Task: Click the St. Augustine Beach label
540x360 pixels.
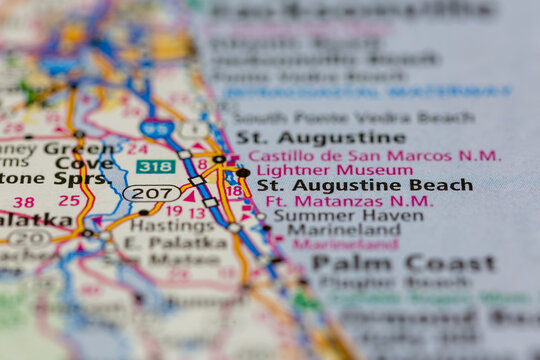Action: [x=364, y=185]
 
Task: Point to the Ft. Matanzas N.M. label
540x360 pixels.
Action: [x=349, y=201]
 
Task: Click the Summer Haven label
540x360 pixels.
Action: [x=334, y=215]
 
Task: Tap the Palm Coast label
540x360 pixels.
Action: [x=403, y=263]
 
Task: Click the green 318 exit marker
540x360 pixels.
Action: [x=155, y=167]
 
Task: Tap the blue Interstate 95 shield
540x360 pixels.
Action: [x=156, y=128]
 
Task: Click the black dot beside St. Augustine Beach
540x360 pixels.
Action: [x=243, y=173]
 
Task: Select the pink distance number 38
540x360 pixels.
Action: [x=24, y=202]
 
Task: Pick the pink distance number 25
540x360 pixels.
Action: [x=68, y=200]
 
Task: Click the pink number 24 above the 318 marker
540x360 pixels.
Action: [x=136, y=148]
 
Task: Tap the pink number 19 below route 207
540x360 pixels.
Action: [x=173, y=211]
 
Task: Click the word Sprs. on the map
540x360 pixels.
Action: [x=83, y=179]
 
